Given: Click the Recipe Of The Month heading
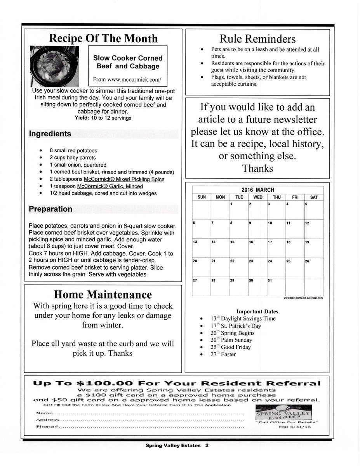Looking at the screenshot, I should coord(103,38).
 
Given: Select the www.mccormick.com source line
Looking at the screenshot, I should coord(127,79).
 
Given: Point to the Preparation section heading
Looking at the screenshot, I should coord(50,209).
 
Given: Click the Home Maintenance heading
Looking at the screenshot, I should coord(103,294).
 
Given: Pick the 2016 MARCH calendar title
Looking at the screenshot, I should coord(257,190).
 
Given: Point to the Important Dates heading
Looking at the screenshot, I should coord(257,311).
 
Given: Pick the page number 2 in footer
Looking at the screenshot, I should coord(207,446).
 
